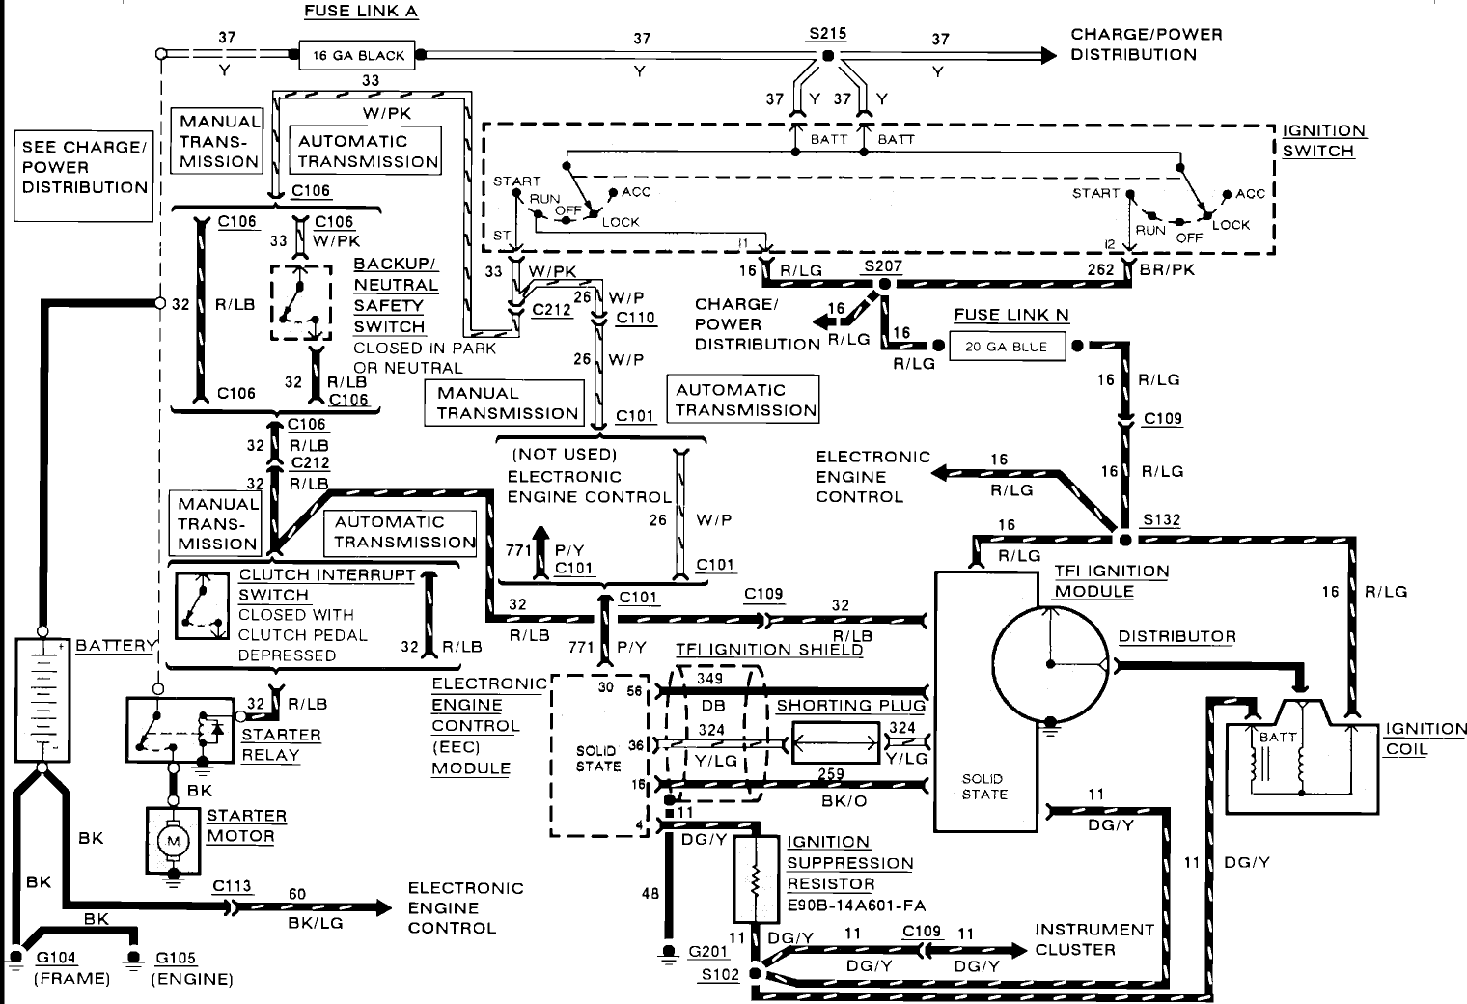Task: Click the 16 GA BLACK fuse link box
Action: click(x=357, y=55)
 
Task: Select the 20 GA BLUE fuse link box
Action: click(x=1006, y=347)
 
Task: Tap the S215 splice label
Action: click(x=828, y=34)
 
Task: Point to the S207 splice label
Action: click(x=883, y=265)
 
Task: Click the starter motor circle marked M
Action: click(x=173, y=841)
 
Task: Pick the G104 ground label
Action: click(x=56, y=958)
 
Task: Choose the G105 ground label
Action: click(x=175, y=958)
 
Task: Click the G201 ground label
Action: click(x=708, y=952)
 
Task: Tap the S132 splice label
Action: click(x=1161, y=520)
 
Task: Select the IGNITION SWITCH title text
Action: click(x=1323, y=141)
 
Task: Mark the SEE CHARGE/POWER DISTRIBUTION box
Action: click(x=84, y=176)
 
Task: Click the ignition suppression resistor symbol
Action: click(x=755, y=879)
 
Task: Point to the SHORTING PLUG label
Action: click(x=850, y=706)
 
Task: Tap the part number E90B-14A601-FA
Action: click(x=856, y=906)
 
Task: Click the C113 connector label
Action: click(x=232, y=886)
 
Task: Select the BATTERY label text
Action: click(x=116, y=645)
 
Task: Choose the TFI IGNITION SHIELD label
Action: click(x=769, y=649)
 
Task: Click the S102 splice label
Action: click(x=720, y=974)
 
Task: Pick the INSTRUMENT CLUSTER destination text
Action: click(x=1094, y=939)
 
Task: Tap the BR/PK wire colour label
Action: click(x=1167, y=270)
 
